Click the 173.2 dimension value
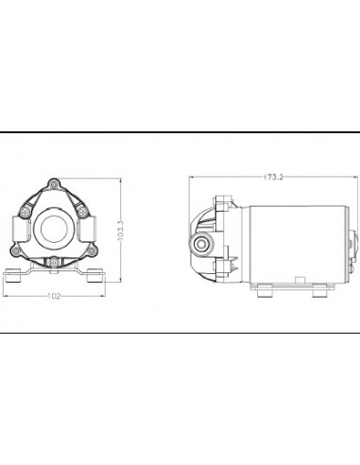pyautogui.click(x=274, y=177)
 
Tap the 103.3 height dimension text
pyautogui.click(x=121, y=231)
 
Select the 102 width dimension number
pyautogui.click(x=54, y=296)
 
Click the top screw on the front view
pyautogui.click(x=54, y=183)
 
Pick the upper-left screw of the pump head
pyautogui.click(x=25, y=212)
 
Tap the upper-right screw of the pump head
pyautogui.click(x=82, y=212)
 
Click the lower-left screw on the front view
pyautogui.click(x=16, y=250)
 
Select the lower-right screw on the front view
pyautogui.click(x=92, y=250)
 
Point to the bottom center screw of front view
pyautogui.click(x=54, y=262)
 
